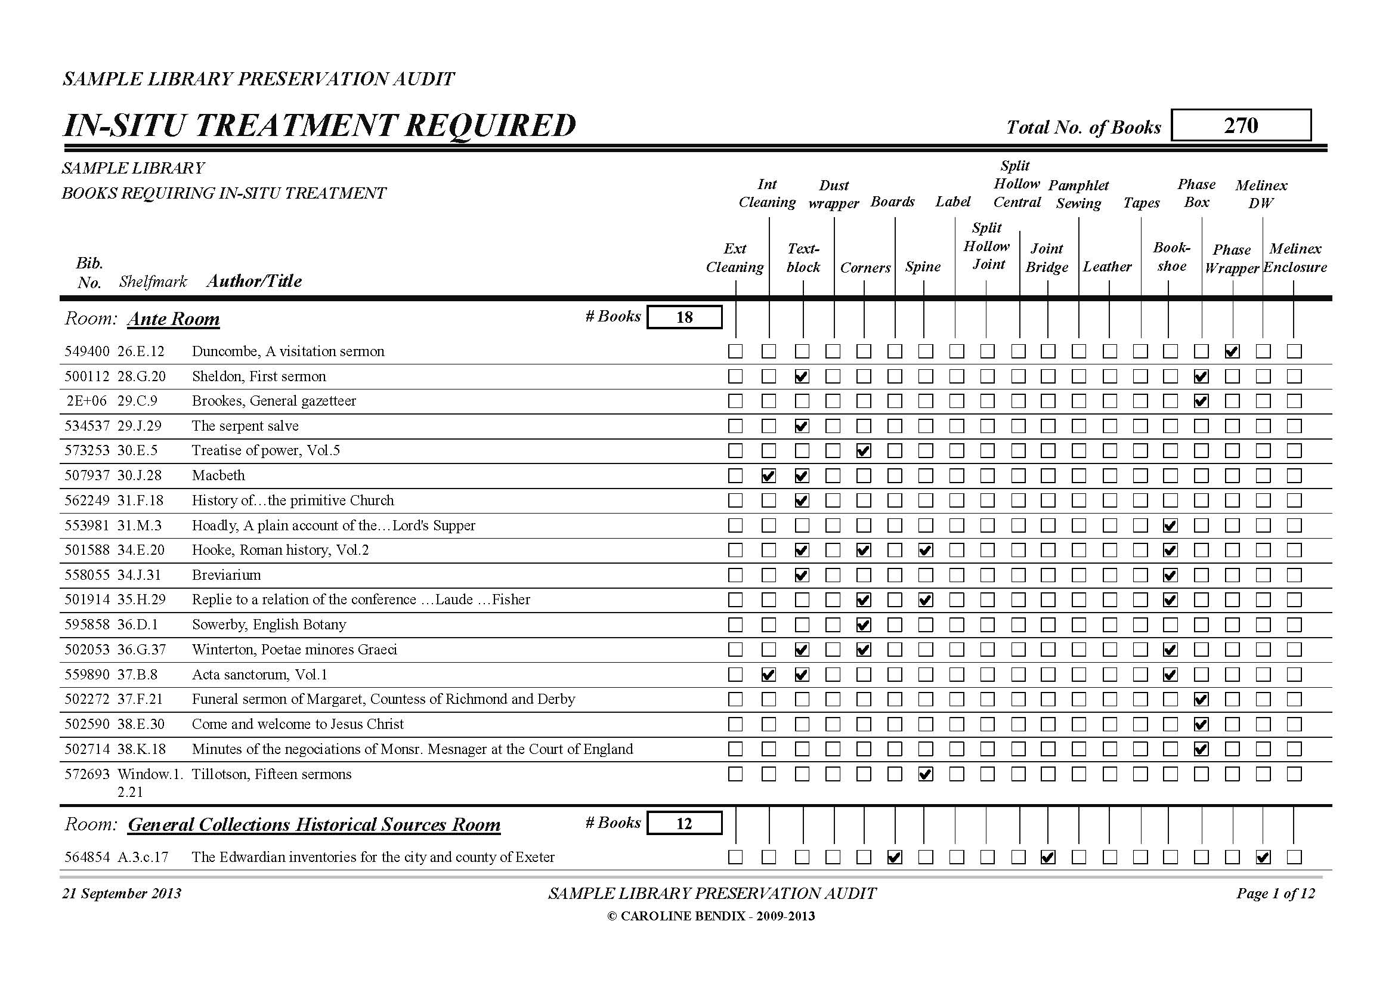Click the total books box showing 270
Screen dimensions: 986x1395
(1240, 125)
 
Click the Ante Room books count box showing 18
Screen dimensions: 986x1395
(684, 317)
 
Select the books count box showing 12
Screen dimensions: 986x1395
(684, 823)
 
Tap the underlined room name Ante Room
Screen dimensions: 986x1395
(173, 319)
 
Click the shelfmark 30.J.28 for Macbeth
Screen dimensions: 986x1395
(140, 475)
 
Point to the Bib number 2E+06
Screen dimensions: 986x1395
(87, 401)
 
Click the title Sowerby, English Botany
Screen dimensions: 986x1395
(268, 625)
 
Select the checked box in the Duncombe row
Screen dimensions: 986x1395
(1232, 351)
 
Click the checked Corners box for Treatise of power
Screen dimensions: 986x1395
(864, 451)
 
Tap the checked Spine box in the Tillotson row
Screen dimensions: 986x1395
(925, 774)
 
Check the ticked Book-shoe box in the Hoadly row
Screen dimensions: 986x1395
(1170, 526)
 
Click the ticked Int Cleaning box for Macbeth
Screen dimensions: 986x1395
(769, 475)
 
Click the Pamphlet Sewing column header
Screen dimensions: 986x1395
(1078, 194)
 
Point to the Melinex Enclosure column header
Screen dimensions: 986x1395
(1295, 258)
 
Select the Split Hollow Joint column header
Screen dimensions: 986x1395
(986, 246)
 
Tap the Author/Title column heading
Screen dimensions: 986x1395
(254, 281)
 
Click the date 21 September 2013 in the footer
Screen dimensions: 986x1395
(122, 894)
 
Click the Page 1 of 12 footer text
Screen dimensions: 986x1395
(1275, 894)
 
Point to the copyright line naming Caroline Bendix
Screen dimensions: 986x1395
(711, 916)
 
